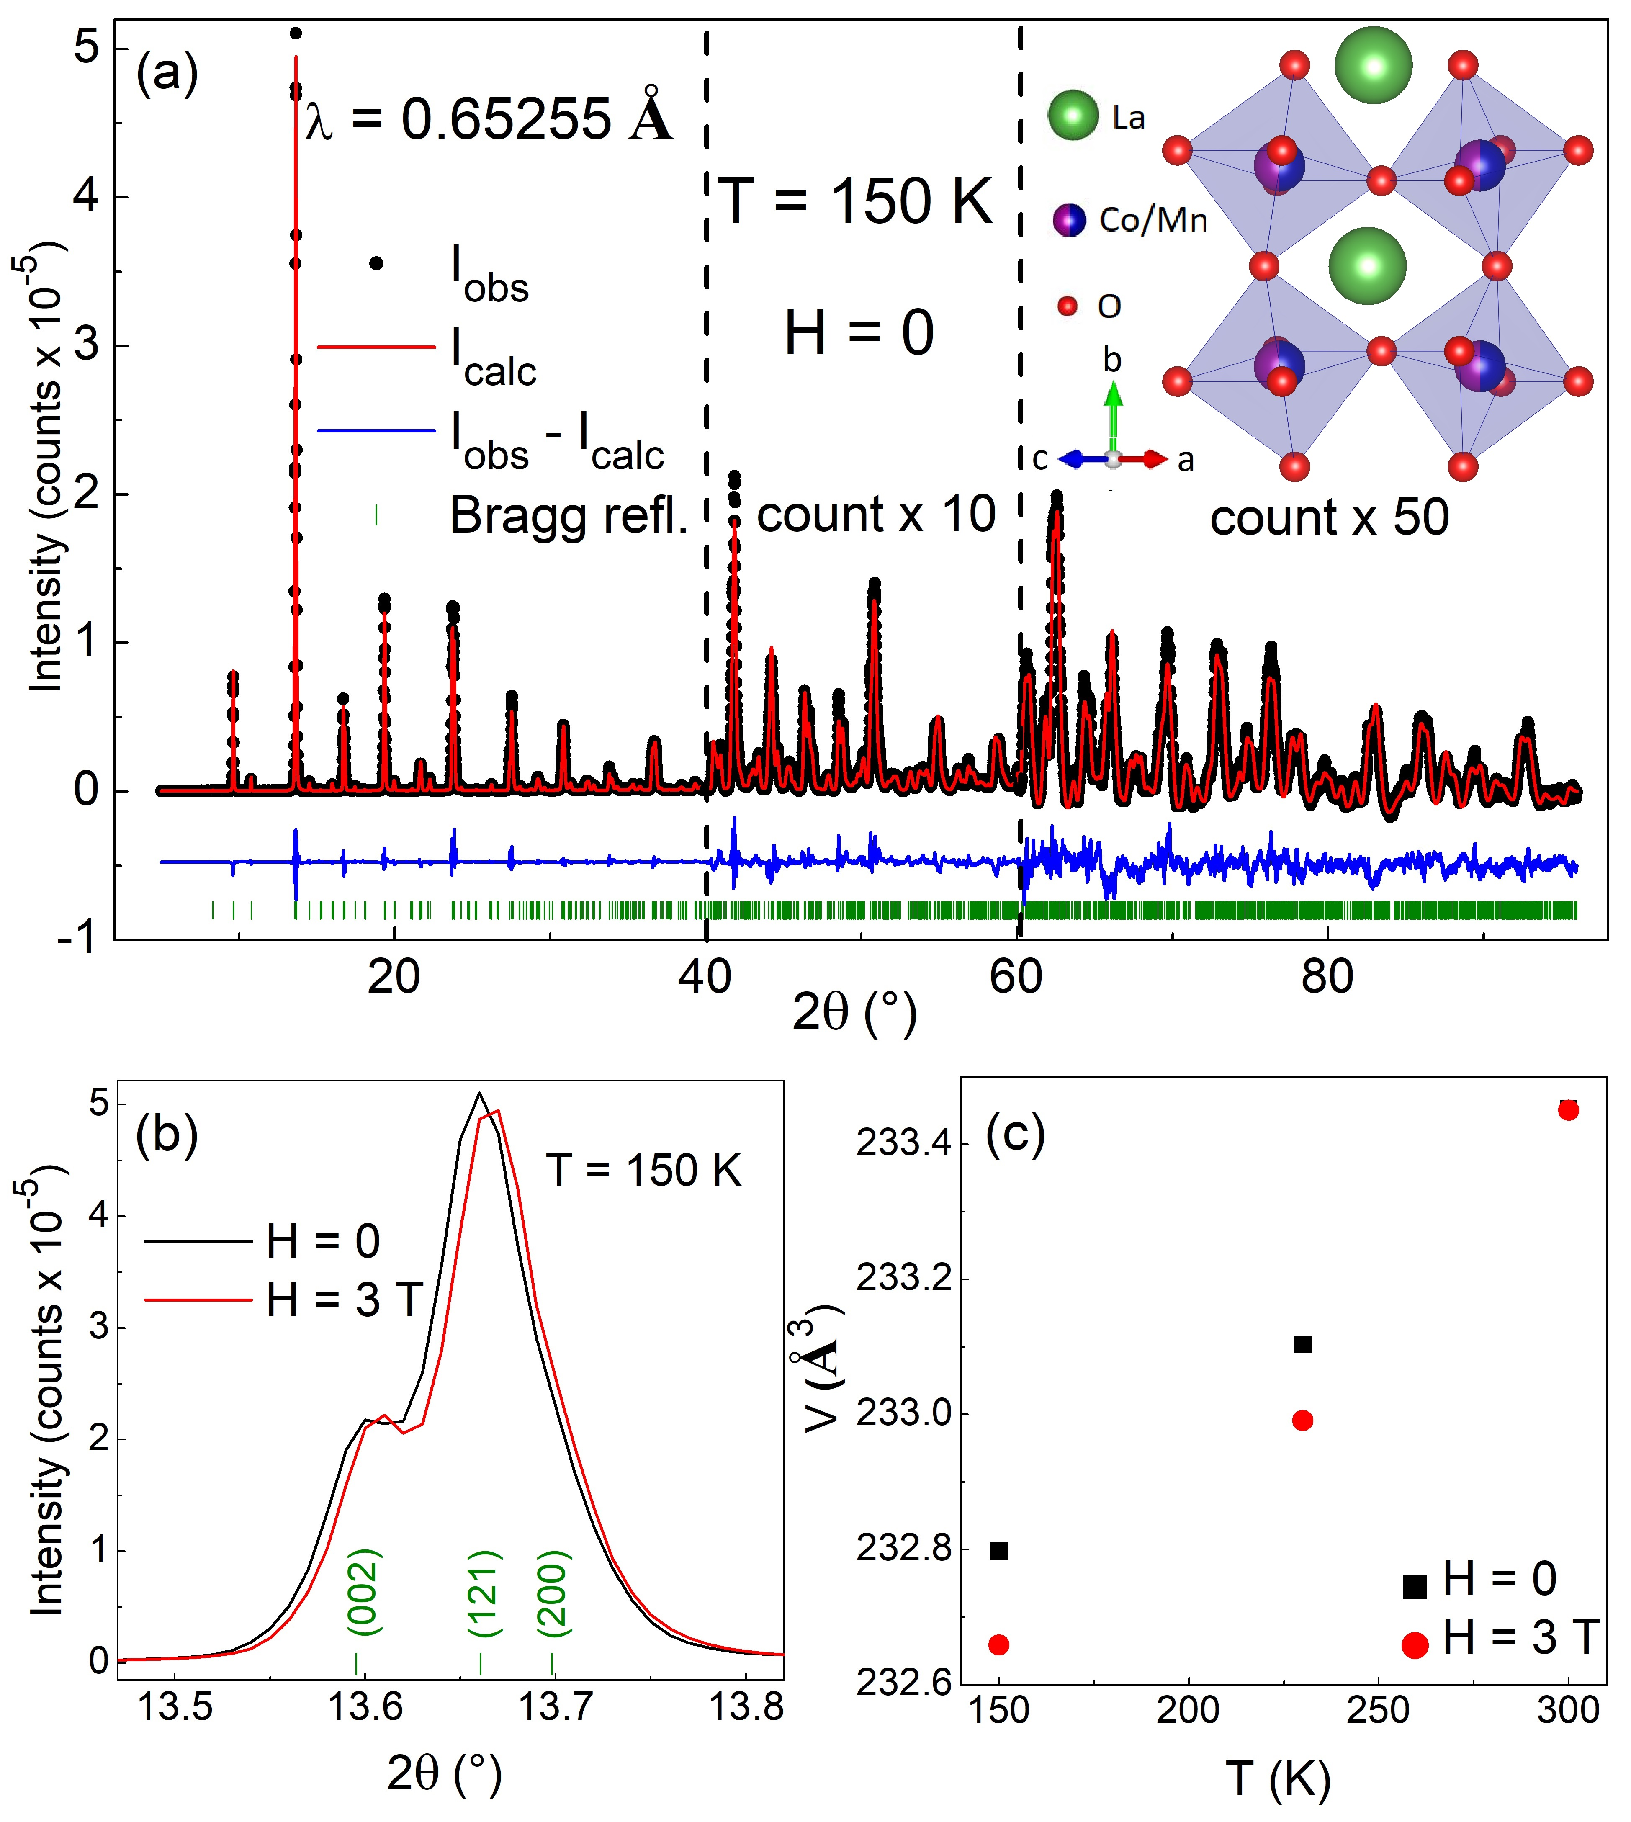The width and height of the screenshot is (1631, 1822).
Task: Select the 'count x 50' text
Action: coord(1329,518)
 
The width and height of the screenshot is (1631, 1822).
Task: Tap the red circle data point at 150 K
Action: coord(998,1644)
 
